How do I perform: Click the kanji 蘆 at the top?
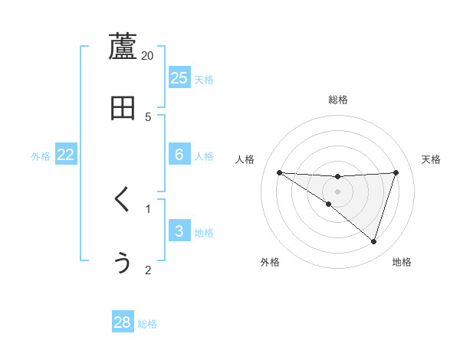point(123,47)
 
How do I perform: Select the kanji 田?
point(123,109)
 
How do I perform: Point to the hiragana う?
point(123,263)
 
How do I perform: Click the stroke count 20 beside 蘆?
point(148,55)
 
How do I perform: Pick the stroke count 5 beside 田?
point(148,116)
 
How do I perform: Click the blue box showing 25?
point(179,77)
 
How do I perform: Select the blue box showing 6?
point(179,155)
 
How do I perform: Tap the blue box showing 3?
point(179,231)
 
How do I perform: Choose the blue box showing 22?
point(66,155)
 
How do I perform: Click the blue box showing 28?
point(123,322)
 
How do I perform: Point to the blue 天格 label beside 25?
point(204,79)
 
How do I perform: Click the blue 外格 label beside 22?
point(41,156)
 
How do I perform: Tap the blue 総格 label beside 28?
point(147,324)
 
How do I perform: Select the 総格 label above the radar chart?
point(337,100)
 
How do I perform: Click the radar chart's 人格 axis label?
point(245,159)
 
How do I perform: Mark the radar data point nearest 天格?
point(396,172)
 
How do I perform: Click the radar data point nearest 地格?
point(373,241)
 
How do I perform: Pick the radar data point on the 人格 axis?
point(279,172)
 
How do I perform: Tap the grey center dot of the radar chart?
point(337,191)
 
